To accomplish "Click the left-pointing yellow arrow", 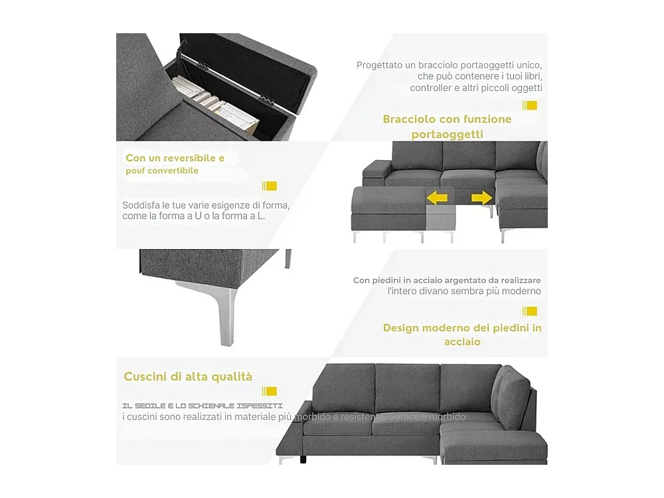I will (x=437, y=197).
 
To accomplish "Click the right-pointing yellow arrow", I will (x=482, y=197).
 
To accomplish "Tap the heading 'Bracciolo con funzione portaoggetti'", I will (x=447, y=126).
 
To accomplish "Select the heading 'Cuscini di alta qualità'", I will (x=188, y=376).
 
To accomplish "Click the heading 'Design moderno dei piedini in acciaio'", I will (x=462, y=335).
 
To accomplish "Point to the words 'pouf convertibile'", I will (x=162, y=171).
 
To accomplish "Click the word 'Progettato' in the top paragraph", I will (x=378, y=65).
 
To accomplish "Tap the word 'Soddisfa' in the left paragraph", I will (x=140, y=205).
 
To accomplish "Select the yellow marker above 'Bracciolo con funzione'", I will (x=529, y=105).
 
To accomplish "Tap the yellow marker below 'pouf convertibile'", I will (x=269, y=186).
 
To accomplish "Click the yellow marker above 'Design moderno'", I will (x=529, y=311).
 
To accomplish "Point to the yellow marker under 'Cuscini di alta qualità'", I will (x=269, y=391).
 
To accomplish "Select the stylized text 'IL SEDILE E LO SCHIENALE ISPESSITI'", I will (x=203, y=405).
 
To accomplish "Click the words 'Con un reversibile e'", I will (x=175, y=158).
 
